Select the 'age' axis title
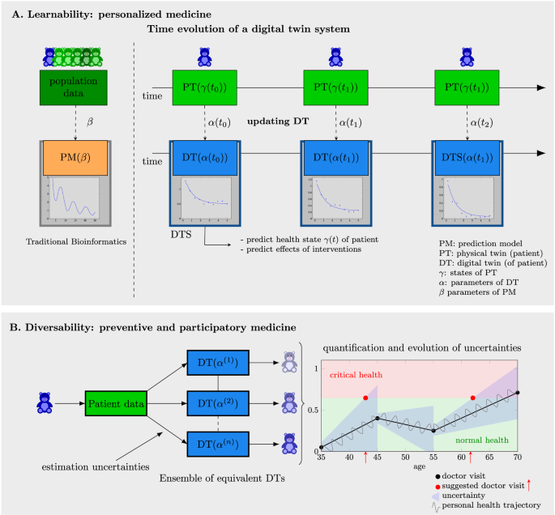(419, 467)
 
